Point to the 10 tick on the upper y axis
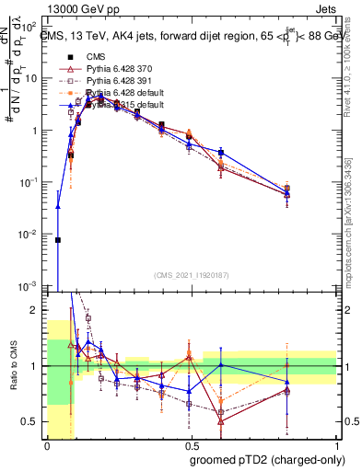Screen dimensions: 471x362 pyautogui.click(x=34, y=78)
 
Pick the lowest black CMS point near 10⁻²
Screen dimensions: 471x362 pyautogui.click(x=58, y=240)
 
